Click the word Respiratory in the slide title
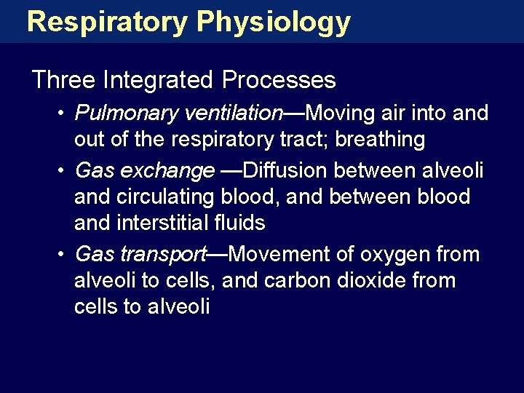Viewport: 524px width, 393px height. pos(107,22)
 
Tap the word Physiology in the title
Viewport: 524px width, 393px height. pos(274,22)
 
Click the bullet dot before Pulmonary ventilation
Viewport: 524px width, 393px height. pos(63,114)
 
